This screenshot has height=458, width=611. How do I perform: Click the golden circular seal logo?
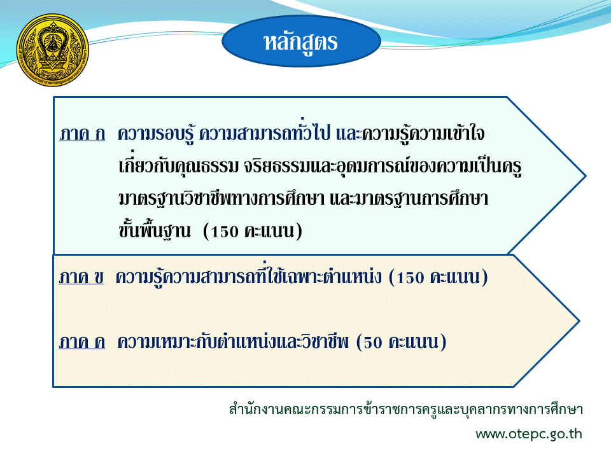[x=53, y=50]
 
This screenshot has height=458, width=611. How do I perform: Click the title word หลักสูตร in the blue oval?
[x=300, y=43]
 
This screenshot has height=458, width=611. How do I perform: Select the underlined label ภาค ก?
[x=82, y=134]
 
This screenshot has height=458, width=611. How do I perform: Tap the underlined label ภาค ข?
[x=81, y=277]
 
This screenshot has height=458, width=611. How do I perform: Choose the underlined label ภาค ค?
[x=82, y=342]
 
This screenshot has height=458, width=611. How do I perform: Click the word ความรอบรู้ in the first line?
[x=156, y=134]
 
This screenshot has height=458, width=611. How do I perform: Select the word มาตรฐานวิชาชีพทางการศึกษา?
[x=221, y=198]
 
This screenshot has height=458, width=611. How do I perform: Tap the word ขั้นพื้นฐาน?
[x=155, y=230]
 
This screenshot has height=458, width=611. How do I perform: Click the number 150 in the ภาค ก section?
[x=225, y=232]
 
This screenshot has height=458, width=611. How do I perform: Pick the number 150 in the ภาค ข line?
[x=410, y=278]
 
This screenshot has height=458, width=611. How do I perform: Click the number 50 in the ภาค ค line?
[x=373, y=343]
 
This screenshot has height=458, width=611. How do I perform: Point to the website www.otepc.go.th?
[x=529, y=434]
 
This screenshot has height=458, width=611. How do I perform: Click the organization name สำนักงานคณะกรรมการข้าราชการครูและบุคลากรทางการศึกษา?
[x=405, y=409]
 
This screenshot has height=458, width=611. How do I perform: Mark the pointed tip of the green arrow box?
[x=586, y=176]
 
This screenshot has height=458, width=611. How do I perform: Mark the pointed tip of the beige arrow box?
[x=579, y=321]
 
